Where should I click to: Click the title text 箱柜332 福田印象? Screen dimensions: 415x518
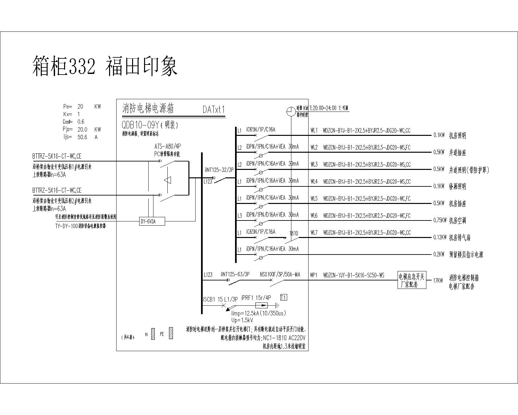(105, 66)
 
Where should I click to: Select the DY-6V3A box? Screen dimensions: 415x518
(152, 221)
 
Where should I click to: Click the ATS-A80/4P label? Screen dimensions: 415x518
(167, 147)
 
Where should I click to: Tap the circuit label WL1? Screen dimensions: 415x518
(314, 131)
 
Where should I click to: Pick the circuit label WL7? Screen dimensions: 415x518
(314, 232)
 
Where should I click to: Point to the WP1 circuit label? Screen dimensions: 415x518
(314, 275)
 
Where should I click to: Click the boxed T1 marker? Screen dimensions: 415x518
(284, 298)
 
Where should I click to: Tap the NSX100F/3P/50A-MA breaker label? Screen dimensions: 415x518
(280, 275)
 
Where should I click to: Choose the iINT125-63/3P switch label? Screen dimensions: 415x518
(235, 275)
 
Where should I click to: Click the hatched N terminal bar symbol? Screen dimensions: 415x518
(153, 334)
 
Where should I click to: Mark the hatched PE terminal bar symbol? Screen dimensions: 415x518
(171, 334)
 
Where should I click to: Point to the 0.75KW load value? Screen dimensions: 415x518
(440, 220)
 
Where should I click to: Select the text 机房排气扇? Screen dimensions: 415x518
(460, 238)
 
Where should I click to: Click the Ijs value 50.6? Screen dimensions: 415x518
(82, 137)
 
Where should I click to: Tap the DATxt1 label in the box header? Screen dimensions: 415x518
(214, 110)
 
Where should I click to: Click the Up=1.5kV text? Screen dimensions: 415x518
(242, 320)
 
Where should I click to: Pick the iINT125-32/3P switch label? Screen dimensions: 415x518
(219, 170)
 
